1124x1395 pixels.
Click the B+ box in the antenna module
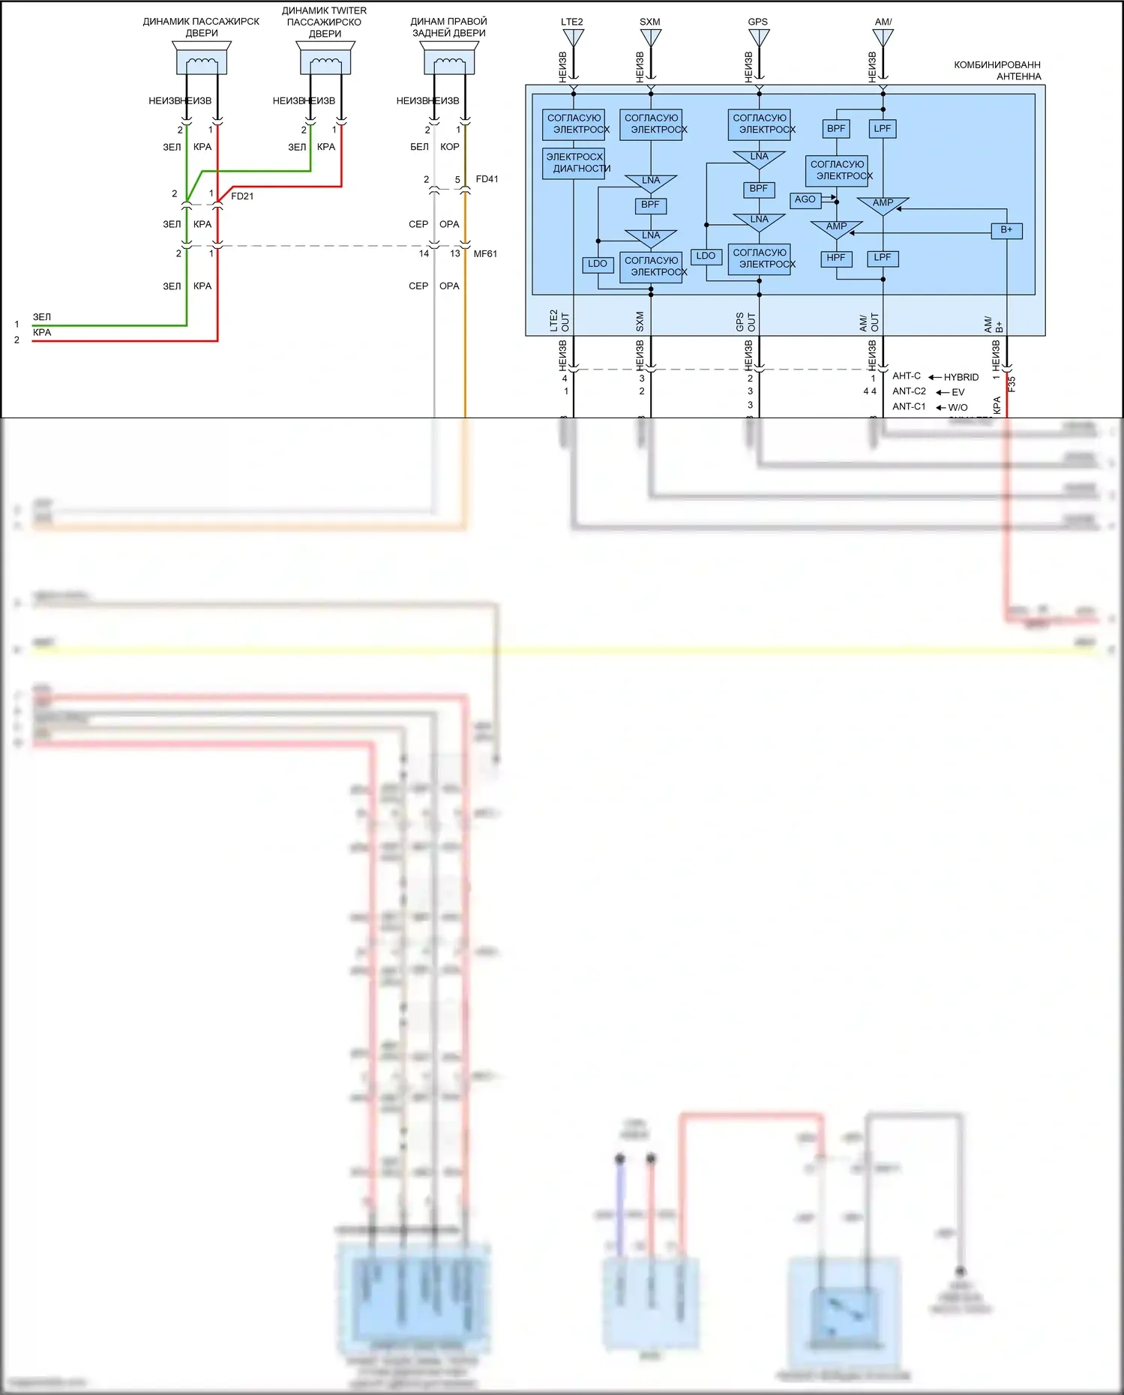tap(1006, 230)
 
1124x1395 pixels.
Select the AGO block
tap(805, 199)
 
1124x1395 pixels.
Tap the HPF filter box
tap(836, 258)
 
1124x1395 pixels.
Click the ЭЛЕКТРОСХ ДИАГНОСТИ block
tap(574, 163)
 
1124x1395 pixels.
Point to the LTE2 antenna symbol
tap(574, 37)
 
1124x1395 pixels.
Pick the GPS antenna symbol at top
tap(759, 37)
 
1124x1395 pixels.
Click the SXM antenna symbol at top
tap(651, 37)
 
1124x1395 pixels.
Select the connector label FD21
tap(242, 196)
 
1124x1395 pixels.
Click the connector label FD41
tap(487, 179)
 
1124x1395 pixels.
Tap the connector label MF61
tap(485, 254)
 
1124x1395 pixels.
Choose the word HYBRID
tap(961, 377)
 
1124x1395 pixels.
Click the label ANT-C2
tap(909, 391)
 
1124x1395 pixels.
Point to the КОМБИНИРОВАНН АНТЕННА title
tap(997, 70)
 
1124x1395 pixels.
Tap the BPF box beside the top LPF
tap(836, 129)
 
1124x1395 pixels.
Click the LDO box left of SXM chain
tap(598, 264)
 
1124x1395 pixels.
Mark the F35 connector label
tap(1012, 384)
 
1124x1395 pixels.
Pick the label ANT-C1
tap(909, 406)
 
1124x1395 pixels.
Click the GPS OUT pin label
tap(745, 322)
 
